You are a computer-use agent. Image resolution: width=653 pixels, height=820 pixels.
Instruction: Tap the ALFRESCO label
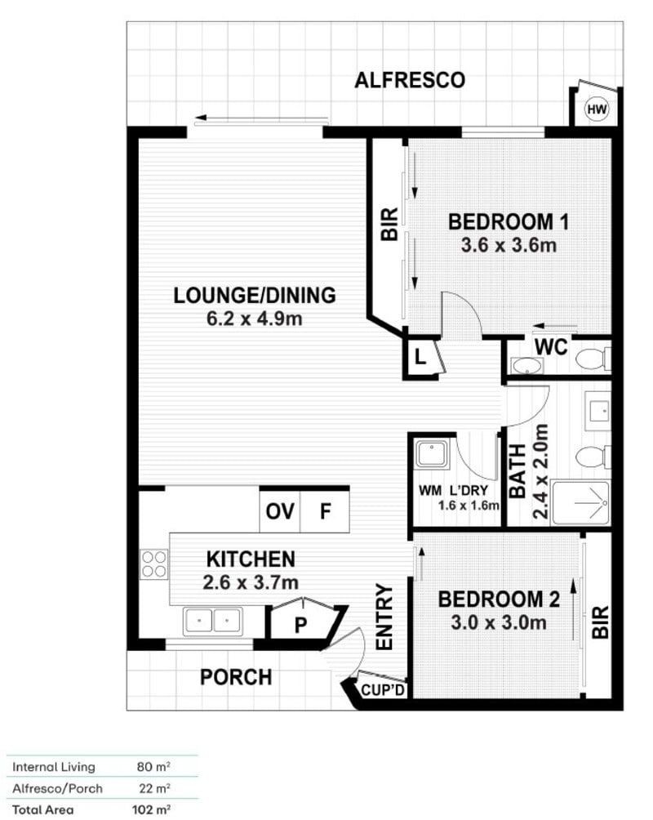click(x=410, y=80)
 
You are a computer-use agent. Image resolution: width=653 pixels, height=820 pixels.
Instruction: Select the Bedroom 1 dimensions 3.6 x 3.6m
click(x=508, y=244)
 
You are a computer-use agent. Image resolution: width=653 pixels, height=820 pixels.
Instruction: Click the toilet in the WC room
click(x=593, y=358)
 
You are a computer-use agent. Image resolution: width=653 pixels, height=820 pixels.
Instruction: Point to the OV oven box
click(x=280, y=512)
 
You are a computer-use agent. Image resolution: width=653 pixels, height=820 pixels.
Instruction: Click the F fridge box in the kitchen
click(x=325, y=512)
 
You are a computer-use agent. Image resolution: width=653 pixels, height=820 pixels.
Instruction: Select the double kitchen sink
click(x=212, y=621)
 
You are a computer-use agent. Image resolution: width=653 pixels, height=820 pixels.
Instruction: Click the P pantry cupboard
click(x=300, y=625)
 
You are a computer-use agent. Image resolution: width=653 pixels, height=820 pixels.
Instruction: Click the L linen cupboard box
click(x=420, y=357)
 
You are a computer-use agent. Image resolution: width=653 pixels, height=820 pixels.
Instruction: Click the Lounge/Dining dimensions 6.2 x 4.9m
click(x=254, y=318)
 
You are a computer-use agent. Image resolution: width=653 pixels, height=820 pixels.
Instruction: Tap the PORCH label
click(x=235, y=677)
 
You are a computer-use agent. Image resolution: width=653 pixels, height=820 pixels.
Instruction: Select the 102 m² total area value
click(x=153, y=810)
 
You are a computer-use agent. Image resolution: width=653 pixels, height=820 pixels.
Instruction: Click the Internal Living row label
click(x=54, y=767)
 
